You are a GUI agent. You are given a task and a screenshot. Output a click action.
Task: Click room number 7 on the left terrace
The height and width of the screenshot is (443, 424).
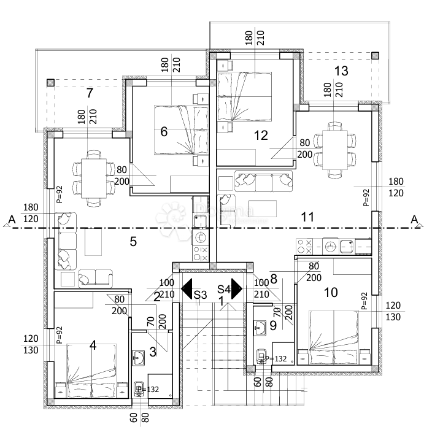90,93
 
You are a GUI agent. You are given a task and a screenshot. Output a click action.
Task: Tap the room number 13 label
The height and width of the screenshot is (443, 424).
341,71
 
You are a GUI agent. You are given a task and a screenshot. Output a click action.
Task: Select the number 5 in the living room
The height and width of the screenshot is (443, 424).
133,241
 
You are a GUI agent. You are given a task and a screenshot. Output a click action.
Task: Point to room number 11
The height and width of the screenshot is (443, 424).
307,217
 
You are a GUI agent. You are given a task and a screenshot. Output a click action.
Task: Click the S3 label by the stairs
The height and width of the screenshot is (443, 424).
200,295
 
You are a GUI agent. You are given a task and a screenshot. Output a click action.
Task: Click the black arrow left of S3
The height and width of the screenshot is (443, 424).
187,288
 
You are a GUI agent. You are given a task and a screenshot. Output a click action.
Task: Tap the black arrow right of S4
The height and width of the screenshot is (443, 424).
237,288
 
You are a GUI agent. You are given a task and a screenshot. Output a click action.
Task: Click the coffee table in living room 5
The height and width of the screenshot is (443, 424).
93,242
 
